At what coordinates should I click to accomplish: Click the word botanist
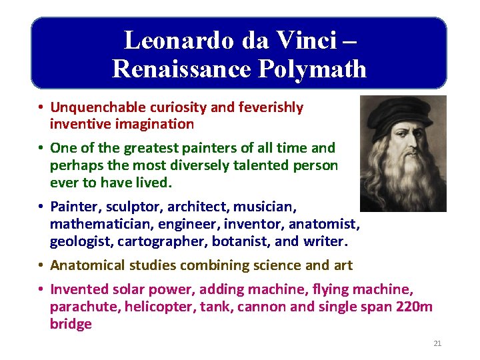coord(232,240)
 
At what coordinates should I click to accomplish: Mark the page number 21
coord(437,343)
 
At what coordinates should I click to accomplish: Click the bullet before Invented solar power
coord(41,290)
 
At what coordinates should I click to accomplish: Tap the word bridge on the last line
coord(71,324)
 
